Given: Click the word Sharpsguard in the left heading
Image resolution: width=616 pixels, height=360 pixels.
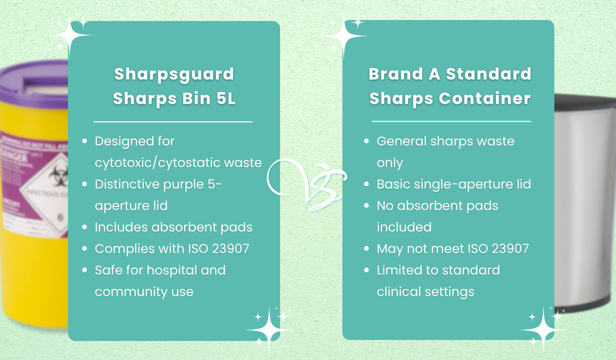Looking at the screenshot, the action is (174, 74).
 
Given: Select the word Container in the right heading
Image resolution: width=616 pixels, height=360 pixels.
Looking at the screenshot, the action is (484, 98).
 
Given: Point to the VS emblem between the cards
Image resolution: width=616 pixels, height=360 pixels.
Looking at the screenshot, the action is (306, 184).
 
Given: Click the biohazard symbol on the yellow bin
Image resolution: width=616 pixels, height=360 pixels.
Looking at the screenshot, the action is (58, 175).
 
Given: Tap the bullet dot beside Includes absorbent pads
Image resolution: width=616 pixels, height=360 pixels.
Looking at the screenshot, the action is (84, 227).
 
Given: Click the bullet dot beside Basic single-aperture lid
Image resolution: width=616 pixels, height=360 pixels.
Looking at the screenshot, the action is (366, 184).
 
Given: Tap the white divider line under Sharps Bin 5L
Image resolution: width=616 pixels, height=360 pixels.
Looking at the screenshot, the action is (173, 121).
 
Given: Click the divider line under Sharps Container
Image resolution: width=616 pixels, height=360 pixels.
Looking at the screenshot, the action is (451, 121).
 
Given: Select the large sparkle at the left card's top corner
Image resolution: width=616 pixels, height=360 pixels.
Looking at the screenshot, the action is (70, 35).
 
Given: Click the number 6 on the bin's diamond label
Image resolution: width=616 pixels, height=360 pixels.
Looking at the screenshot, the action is (60, 217).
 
